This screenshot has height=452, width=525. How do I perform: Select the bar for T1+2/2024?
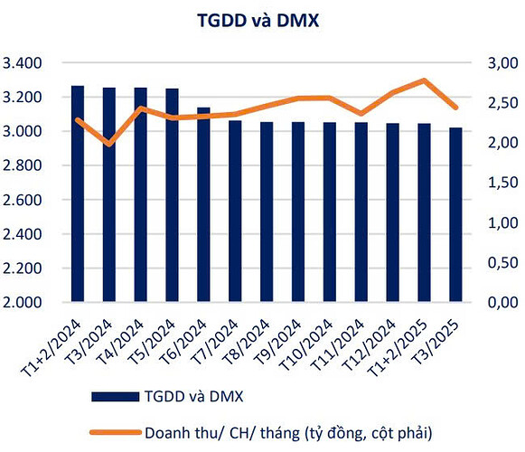pyautogui.click(x=78, y=194)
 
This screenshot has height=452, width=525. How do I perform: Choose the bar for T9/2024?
pyautogui.click(x=297, y=212)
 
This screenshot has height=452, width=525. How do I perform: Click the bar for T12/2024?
pyautogui.click(x=392, y=212)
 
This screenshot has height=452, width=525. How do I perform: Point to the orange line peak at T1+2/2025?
pyautogui.click(x=424, y=80)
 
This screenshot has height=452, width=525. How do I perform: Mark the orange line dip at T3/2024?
pyautogui.click(x=109, y=144)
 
